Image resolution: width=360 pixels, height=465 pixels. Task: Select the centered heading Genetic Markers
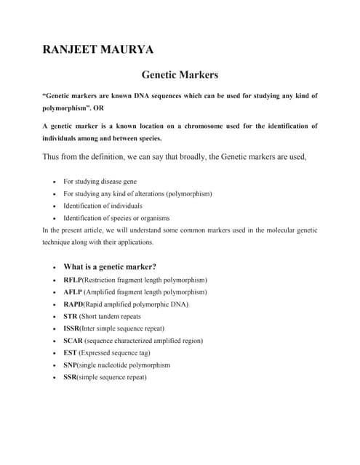tap(180, 75)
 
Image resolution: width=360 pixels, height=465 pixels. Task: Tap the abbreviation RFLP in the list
tap(73, 280)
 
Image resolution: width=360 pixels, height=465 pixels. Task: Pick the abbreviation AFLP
tap(73, 292)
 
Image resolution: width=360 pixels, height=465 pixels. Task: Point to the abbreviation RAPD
tap(73, 304)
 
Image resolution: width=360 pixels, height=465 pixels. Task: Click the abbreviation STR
tap(71, 317)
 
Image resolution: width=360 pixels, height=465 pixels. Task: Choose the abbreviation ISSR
tap(72, 329)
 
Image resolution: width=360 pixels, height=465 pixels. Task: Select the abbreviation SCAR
tap(73, 341)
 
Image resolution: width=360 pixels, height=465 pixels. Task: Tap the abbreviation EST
tap(71, 353)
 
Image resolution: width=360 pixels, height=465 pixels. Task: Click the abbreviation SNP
tap(71, 365)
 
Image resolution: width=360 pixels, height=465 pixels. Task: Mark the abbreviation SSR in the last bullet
tap(71, 378)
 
